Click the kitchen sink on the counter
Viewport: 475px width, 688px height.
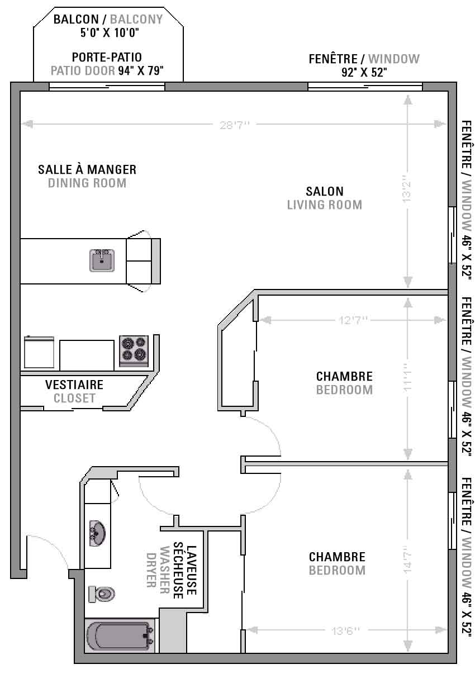tap(102, 260)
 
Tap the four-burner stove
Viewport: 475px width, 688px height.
tap(134, 350)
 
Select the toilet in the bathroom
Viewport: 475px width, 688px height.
tap(101, 594)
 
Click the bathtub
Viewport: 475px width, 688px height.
tap(120, 635)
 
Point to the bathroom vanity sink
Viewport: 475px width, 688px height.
tap(97, 533)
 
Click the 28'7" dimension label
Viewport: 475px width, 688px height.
tap(235, 125)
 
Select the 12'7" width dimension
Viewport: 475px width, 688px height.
tap(353, 320)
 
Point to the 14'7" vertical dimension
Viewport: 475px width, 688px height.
tap(407, 559)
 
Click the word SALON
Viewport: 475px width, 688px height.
tap(325, 191)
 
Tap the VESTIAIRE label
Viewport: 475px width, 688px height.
tap(74, 385)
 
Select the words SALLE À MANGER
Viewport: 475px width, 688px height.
tap(87, 169)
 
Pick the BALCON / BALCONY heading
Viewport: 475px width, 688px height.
tap(108, 20)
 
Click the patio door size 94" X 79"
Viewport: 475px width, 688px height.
tap(141, 70)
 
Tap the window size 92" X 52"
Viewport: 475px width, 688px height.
tap(364, 73)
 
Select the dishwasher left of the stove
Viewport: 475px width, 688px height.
tap(39, 352)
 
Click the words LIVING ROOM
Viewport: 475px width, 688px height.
tap(325, 205)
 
